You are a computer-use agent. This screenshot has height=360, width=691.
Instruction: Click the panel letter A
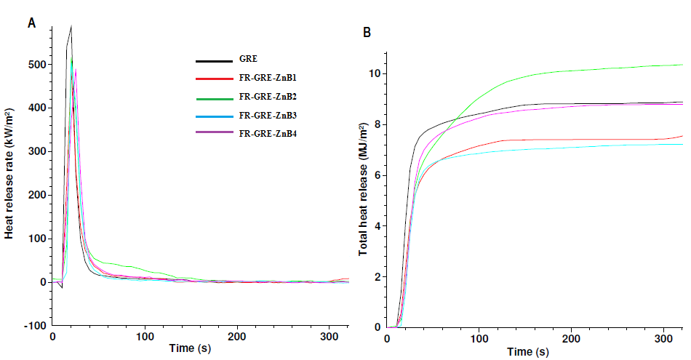[x=31, y=23]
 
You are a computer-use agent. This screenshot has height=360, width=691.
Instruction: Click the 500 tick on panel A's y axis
[x=37, y=65]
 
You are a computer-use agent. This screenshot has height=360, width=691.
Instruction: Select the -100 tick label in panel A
[x=34, y=326]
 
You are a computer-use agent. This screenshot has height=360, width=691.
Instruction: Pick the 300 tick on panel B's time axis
[x=665, y=339]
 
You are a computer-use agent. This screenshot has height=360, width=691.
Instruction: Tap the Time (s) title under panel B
[x=529, y=353]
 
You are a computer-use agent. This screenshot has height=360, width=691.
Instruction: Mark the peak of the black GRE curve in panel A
[x=71, y=26]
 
